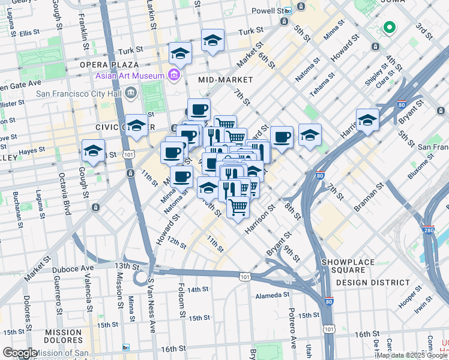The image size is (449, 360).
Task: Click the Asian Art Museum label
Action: point(129,76)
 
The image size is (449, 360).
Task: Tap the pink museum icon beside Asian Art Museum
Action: point(174,75)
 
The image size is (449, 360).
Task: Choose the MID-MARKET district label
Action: point(224,79)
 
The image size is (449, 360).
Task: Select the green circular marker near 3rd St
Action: point(388,27)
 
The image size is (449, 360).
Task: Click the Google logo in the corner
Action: point(20,353)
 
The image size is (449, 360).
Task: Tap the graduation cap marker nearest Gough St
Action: point(93,152)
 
